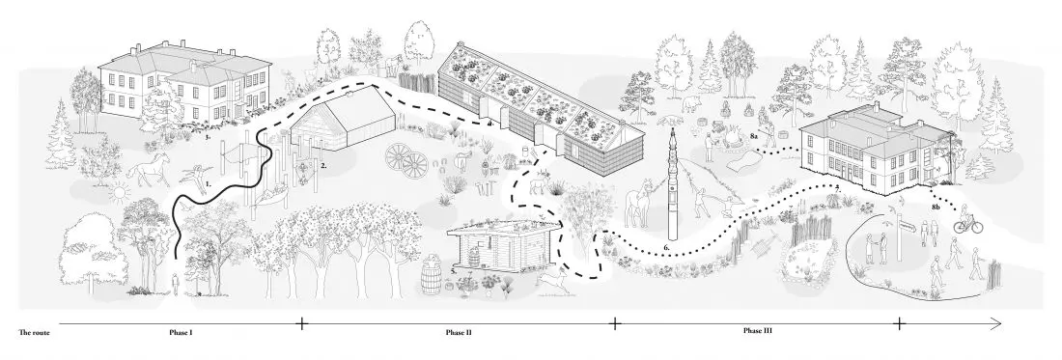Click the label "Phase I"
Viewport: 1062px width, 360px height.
(182, 332)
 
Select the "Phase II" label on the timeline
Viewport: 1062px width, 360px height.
(459, 332)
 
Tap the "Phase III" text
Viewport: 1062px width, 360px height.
(757, 331)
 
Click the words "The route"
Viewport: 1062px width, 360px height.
(35, 332)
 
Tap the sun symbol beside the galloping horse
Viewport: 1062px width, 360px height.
(119, 191)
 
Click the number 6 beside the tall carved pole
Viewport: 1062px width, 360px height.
(666, 248)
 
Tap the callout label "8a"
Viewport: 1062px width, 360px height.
(755, 137)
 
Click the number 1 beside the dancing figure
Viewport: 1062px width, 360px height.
(209, 182)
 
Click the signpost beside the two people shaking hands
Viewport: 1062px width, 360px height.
(899, 234)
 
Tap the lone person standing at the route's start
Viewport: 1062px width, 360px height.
(176, 283)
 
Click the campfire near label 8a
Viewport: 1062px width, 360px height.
(731, 141)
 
